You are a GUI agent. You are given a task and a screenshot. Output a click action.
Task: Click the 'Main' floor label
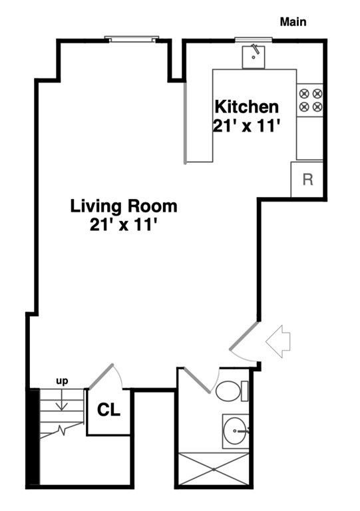[x=293, y=22]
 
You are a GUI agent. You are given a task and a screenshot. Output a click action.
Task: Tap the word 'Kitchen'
[x=247, y=107]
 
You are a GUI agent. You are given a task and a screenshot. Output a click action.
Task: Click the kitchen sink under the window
[x=254, y=57]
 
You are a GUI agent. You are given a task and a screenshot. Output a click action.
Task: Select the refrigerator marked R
[x=307, y=179]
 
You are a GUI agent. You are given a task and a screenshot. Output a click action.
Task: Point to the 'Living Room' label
[x=124, y=206]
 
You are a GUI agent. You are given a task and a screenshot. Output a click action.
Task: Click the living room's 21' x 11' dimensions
[x=124, y=224]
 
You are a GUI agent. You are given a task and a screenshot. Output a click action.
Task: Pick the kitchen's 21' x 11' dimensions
[x=247, y=126]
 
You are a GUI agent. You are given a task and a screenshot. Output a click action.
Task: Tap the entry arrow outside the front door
[x=278, y=341]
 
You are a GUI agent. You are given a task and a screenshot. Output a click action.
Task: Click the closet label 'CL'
[x=109, y=410]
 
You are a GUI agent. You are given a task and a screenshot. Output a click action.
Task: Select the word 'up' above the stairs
[x=63, y=381]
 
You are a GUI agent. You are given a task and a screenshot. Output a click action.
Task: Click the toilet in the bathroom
[x=232, y=391]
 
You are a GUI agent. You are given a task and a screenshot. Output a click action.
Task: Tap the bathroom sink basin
[x=235, y=431]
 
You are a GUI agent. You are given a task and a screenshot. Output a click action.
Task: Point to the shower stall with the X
[x=213, y=469]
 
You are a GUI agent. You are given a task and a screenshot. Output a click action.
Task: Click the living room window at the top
[x=132, y=39]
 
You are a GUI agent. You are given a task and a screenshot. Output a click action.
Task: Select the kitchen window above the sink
[x=254, y=40]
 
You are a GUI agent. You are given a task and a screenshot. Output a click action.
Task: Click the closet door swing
[x=101, y=377]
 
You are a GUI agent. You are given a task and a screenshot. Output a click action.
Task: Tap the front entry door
[x=244, y=336]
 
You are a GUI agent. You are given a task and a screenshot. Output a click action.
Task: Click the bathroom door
[x=197, y=380]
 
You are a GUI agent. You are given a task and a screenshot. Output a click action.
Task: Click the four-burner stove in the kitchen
[x=310, y=100]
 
